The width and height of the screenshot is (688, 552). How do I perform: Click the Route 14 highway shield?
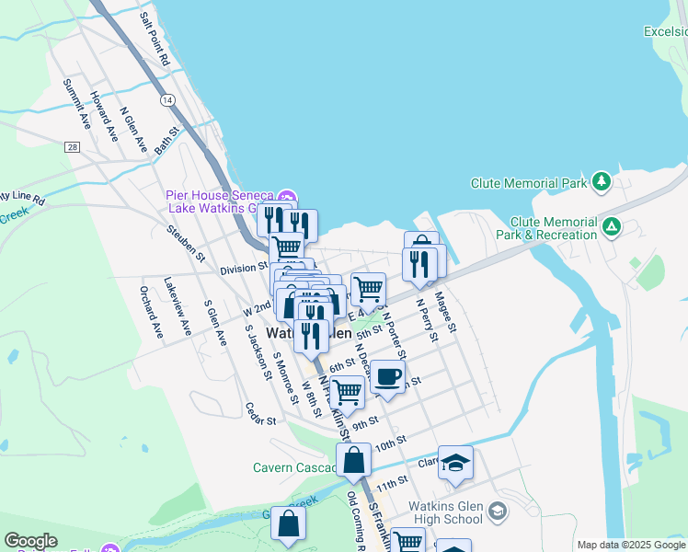pyautogui.click(x=166, y=98)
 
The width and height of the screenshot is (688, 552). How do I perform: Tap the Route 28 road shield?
pyautogui.click(x=72, y=146)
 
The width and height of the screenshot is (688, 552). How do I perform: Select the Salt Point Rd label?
pyautogui.click(x=154, y=40)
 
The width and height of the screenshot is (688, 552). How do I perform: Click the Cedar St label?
pyautogui.click(x=260, y=414)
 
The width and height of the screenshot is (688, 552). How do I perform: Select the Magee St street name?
pyautogui.click(x=445, y=311)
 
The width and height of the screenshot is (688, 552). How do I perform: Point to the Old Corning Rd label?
pyautogui.click(x=354, y=520)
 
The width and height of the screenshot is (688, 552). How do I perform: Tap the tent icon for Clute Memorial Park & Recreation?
pyautogui.click(x=610, y=224)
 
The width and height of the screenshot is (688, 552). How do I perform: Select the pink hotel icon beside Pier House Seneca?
pyautogui.click(x=286, y=197)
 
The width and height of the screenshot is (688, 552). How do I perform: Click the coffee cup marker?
pyautogui.click(x=388, y=376)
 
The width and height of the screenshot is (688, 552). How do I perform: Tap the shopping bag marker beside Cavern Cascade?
pyautogui.click(x=353, y=461)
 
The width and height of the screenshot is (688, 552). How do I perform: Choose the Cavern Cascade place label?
pyautogui.click(x=292, y=467)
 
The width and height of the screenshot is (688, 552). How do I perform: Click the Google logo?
pyautogui.click(x=30, y=541)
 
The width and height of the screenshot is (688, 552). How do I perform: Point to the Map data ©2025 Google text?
pyautogui.click(x=631, y=545)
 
